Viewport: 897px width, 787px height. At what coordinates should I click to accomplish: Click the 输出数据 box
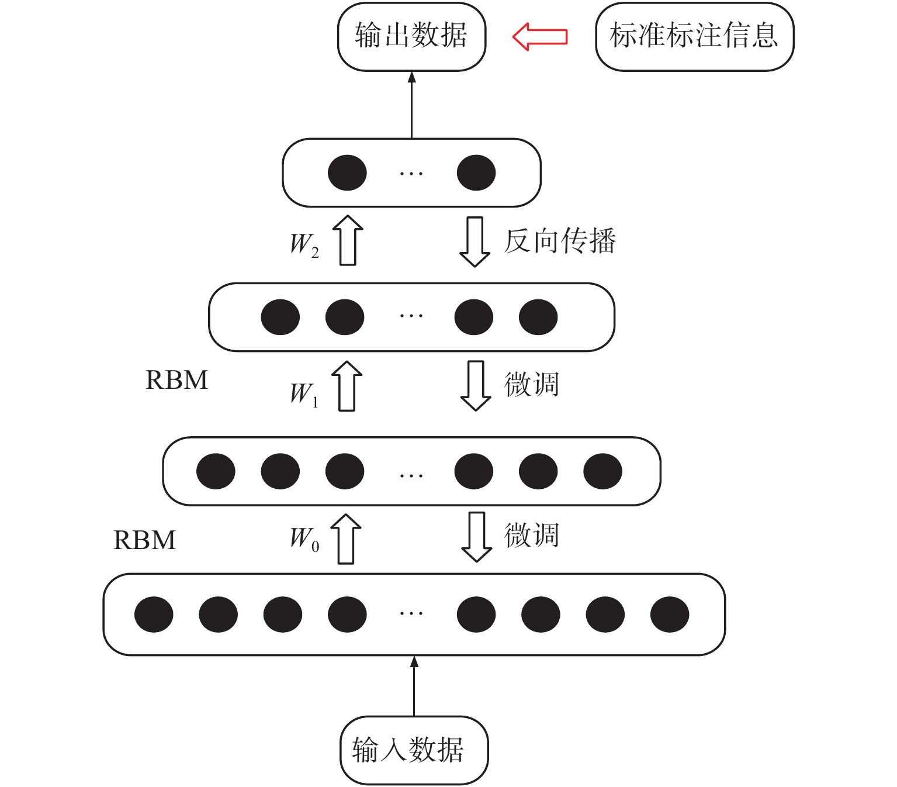411,36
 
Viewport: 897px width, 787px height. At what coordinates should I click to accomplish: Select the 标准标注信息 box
694,36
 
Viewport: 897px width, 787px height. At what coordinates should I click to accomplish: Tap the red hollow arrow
540,36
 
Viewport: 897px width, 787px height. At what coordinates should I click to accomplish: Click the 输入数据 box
414,750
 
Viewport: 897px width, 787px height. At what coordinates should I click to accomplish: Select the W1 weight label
304,393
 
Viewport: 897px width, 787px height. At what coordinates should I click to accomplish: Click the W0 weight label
304,538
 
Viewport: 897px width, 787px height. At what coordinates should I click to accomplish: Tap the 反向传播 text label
560,241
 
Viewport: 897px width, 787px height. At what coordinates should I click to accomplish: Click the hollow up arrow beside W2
348,240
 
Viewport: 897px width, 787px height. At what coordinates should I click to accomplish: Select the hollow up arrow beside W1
347,386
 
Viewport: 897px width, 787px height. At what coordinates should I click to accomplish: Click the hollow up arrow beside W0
346,539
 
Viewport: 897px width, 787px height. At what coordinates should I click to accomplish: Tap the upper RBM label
176,380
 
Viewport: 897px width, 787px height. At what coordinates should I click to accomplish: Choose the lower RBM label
144,540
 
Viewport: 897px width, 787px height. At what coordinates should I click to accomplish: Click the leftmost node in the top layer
347,172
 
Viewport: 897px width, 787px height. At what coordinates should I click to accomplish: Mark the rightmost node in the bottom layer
670,615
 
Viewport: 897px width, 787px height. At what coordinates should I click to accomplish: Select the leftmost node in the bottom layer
154,615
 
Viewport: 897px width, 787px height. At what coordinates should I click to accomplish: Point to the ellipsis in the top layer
411,173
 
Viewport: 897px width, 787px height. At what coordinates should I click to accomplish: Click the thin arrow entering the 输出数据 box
412,105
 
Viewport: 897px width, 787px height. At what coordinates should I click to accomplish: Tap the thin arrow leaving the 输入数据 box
414,686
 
